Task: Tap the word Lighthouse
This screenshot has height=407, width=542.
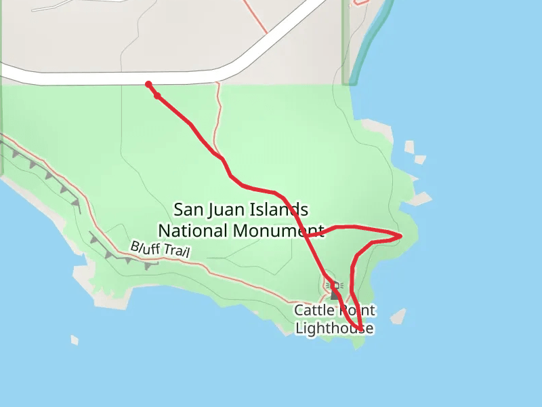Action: point(334,329)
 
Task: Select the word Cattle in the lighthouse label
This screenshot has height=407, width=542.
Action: point(314,311)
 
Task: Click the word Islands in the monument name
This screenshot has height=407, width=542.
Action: point(280,210)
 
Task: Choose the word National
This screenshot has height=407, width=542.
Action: point(193,231)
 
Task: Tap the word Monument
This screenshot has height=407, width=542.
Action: point(278,231)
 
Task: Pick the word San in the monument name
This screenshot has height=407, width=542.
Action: point(188,210)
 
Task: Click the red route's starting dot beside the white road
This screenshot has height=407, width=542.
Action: point(148,84)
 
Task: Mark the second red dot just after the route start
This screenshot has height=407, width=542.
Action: point(157,96)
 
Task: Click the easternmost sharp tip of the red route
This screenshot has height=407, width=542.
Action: point(401,236)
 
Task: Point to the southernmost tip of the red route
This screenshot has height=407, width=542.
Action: point(360,330)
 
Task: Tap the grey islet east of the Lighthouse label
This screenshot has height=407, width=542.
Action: point(398,316)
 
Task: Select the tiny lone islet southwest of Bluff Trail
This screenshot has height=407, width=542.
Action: point(75,340)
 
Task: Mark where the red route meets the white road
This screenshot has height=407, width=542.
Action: point(148,83)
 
